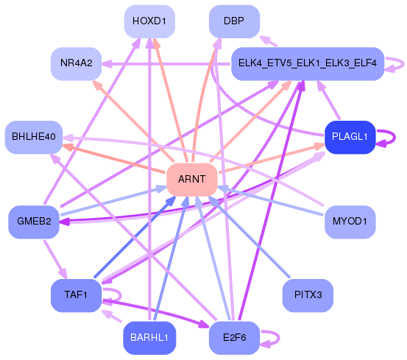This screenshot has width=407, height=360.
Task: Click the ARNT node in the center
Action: click(x=192, y=180)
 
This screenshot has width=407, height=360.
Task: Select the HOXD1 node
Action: click(x=149, y=21)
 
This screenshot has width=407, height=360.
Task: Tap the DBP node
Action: click(x=234, y=21)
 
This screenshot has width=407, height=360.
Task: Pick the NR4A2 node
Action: click(x=76, y=63)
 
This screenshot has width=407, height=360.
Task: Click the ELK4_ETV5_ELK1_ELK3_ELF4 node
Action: click(x=308, y=63)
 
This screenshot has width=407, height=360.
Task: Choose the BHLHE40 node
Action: click(x=34, y=137)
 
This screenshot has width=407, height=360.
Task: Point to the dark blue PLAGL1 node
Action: click(x=350, y=137)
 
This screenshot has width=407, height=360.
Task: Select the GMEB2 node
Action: click(x=34, y=222)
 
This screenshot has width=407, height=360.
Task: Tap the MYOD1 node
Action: click(x=350, y=222)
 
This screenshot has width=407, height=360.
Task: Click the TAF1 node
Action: click(x=76, y=295)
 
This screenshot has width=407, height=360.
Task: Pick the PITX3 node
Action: click(x=308, y=295)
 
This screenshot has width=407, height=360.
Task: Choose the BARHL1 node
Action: click(x=149, y=338)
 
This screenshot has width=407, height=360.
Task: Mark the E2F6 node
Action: click(x=234, y=338)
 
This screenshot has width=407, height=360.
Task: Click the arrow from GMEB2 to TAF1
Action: click(x=55, y=259)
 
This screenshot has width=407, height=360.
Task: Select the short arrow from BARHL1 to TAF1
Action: click(x=112, y=316)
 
